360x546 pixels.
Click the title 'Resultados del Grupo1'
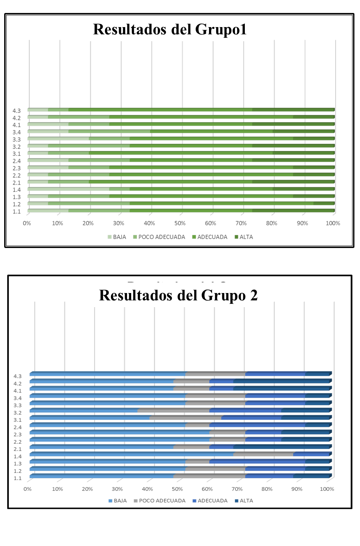point(170,29)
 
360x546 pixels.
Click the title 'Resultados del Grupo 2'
point(178,295)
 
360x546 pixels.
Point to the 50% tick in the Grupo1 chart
point(180,223)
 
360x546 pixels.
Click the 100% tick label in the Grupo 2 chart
point(327,489)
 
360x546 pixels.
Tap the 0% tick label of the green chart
point(27,223)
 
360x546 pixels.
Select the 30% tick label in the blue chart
point(117,489)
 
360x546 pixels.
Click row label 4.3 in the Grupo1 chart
point(16,111)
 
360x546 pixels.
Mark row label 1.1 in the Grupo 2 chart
point(18,478)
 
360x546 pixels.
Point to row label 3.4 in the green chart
point(16,132)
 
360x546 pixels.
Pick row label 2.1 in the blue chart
point(18,449)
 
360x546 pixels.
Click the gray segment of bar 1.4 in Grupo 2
point(263,454)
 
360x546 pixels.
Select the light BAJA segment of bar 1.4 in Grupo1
point(69,189)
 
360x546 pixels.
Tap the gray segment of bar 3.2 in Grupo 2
point(173,411)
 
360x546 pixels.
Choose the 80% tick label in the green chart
point(272,223)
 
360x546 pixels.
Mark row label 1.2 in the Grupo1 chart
point(16,204)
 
